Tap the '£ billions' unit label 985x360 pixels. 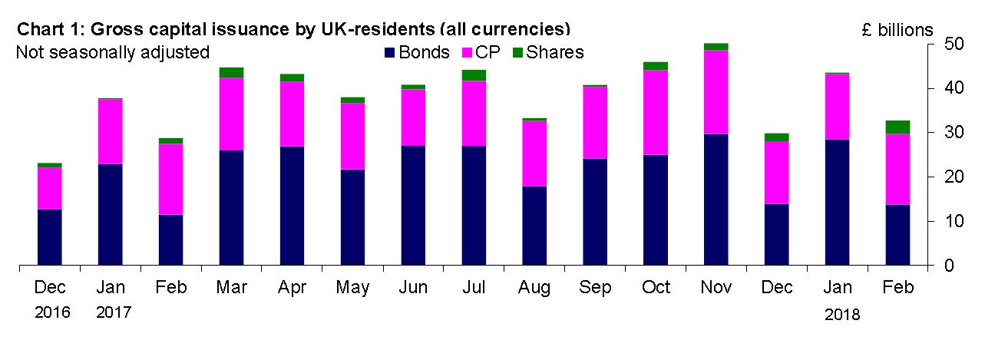[897, 31]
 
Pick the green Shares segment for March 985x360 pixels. [231, 72]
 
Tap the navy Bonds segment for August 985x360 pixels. [535, 226]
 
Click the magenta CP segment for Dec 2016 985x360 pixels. [49, 188]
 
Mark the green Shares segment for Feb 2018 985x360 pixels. [899, 127]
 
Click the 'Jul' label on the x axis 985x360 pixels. [474, 288]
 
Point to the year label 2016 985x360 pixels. [51, 313]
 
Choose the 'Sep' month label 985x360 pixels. [596, 288]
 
